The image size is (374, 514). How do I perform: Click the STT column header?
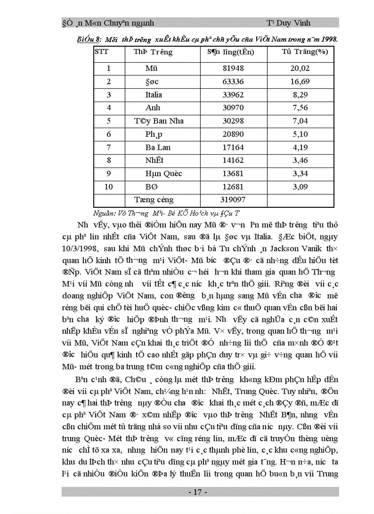pyautogui.click(x=102, y=52)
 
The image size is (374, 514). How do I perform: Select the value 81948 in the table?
pyautogui.click(x=234, y=69)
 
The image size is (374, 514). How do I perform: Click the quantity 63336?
pyautogui.click(x=234, y=82)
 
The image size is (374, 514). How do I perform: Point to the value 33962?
pyautogui.click(x=234, y=95)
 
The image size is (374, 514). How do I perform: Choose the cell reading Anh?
pyautogui.click(x=153, y=108)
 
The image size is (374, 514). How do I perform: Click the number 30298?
pyautogui.click(x=234, y=121)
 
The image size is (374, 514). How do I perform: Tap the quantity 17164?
pyautogui.click(x=234, y=148)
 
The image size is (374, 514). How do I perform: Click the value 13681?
pyautogui.click(x=234, y=174)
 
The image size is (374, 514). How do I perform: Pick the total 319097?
pyautogui.click(x=234, y=200)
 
